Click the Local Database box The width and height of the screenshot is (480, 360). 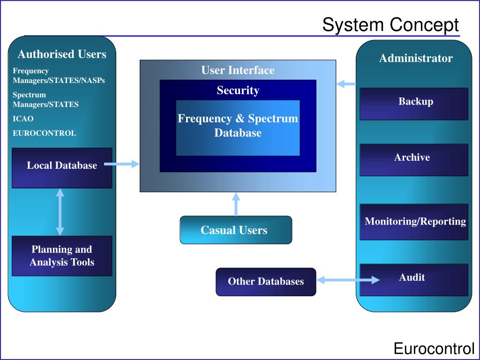[x=62, y=168]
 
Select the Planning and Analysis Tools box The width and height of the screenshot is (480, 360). [x=62, y=256]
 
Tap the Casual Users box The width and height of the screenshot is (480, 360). [x=236, y=230]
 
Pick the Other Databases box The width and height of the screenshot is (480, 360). [x=266, y=282]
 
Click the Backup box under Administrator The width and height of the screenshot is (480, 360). [x=414, y=104]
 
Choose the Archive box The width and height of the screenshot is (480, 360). [x=414, y=160]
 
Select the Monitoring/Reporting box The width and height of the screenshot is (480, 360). [x=414, y=222]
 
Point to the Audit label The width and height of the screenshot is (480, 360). [x=412, y=277]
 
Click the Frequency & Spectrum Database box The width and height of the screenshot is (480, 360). [x=238, y=127]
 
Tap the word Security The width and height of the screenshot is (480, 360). [x=238, y=90]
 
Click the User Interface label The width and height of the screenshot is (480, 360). [x=238, y=70]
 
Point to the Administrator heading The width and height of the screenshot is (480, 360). [x=416, y=58]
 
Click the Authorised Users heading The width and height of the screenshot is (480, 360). [x=62, y=54]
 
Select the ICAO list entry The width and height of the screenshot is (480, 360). [x=23, y=119]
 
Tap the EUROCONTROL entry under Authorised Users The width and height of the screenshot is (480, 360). [x=45, y=133]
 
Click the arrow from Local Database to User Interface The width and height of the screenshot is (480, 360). [x=121, y=164]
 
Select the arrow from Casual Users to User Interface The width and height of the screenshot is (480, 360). [x=236, y=204]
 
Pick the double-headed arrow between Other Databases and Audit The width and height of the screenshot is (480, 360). [x=348, y=280]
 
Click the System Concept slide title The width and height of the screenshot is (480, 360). [x=390, y=24]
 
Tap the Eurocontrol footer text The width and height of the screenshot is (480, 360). [x=434, y=349]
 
